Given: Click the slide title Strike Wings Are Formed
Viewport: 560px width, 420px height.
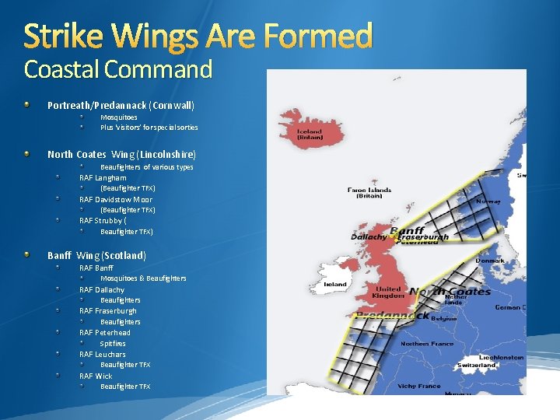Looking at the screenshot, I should [198, 35].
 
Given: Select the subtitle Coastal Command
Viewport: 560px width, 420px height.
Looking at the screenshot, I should [118, 70].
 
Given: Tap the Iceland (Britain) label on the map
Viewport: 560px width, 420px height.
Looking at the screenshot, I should [310, 135].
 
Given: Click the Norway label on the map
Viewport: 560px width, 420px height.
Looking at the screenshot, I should [488, 201].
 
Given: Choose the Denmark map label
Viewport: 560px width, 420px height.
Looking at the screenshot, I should [490, 261].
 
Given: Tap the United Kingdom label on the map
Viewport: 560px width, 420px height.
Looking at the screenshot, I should [388, 292].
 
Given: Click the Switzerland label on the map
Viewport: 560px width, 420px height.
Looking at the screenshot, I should [477, 365].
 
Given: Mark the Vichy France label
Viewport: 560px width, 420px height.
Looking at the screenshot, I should [419, 386].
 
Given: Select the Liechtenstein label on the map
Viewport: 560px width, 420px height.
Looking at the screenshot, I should [499, 357].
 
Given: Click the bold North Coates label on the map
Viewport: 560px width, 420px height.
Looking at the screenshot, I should [450, 292].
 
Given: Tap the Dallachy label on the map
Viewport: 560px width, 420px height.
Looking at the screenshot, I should [369, 236].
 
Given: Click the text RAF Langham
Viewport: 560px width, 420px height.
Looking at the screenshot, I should [103, 178].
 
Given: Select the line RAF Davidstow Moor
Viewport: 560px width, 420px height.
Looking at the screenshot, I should [116, 200].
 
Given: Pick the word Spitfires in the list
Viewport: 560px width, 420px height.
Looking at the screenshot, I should [113, 343].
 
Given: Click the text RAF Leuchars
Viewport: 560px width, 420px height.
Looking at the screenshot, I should [103, 354].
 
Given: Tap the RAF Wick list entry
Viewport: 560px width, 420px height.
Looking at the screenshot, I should [96, 376].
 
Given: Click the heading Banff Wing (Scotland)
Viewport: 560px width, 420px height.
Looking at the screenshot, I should [96, 255].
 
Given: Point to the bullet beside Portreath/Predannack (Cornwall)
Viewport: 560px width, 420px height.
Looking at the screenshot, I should [27, 104].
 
